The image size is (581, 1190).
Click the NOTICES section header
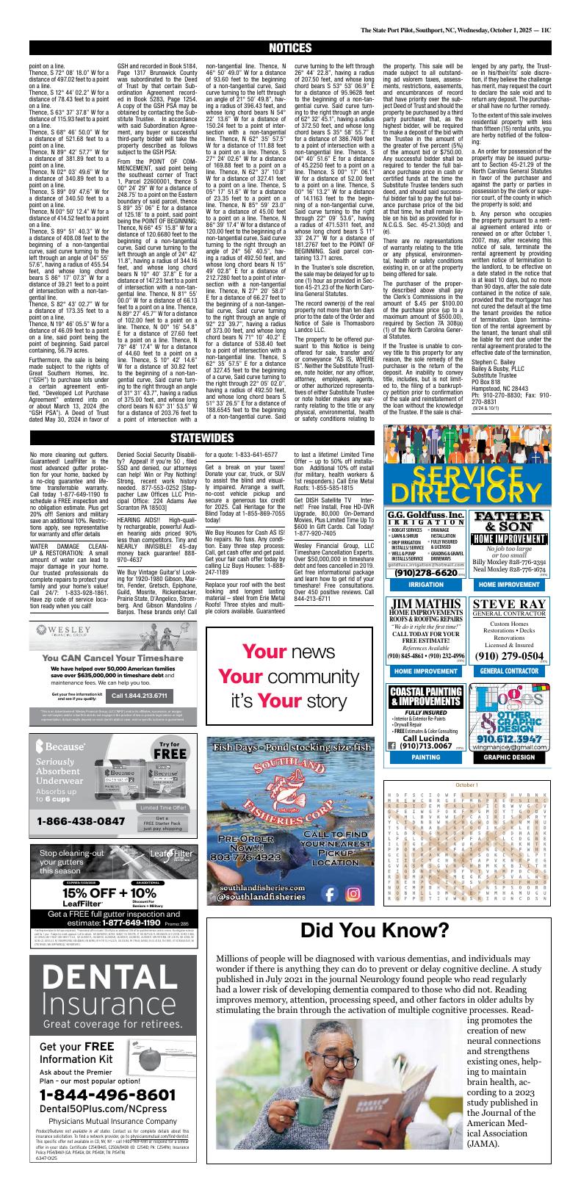click(290, 48)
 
